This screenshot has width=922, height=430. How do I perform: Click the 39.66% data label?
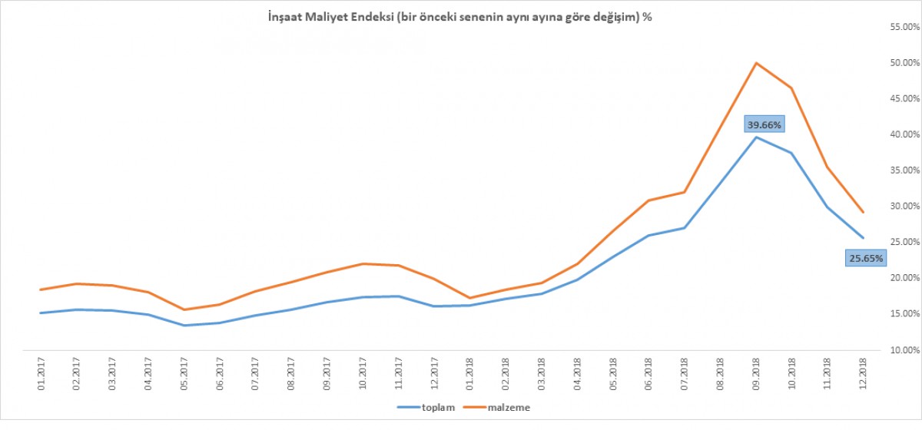764,124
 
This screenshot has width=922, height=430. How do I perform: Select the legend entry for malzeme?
508,407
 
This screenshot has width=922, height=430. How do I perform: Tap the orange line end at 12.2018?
864,212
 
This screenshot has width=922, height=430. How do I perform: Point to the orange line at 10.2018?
792,88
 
